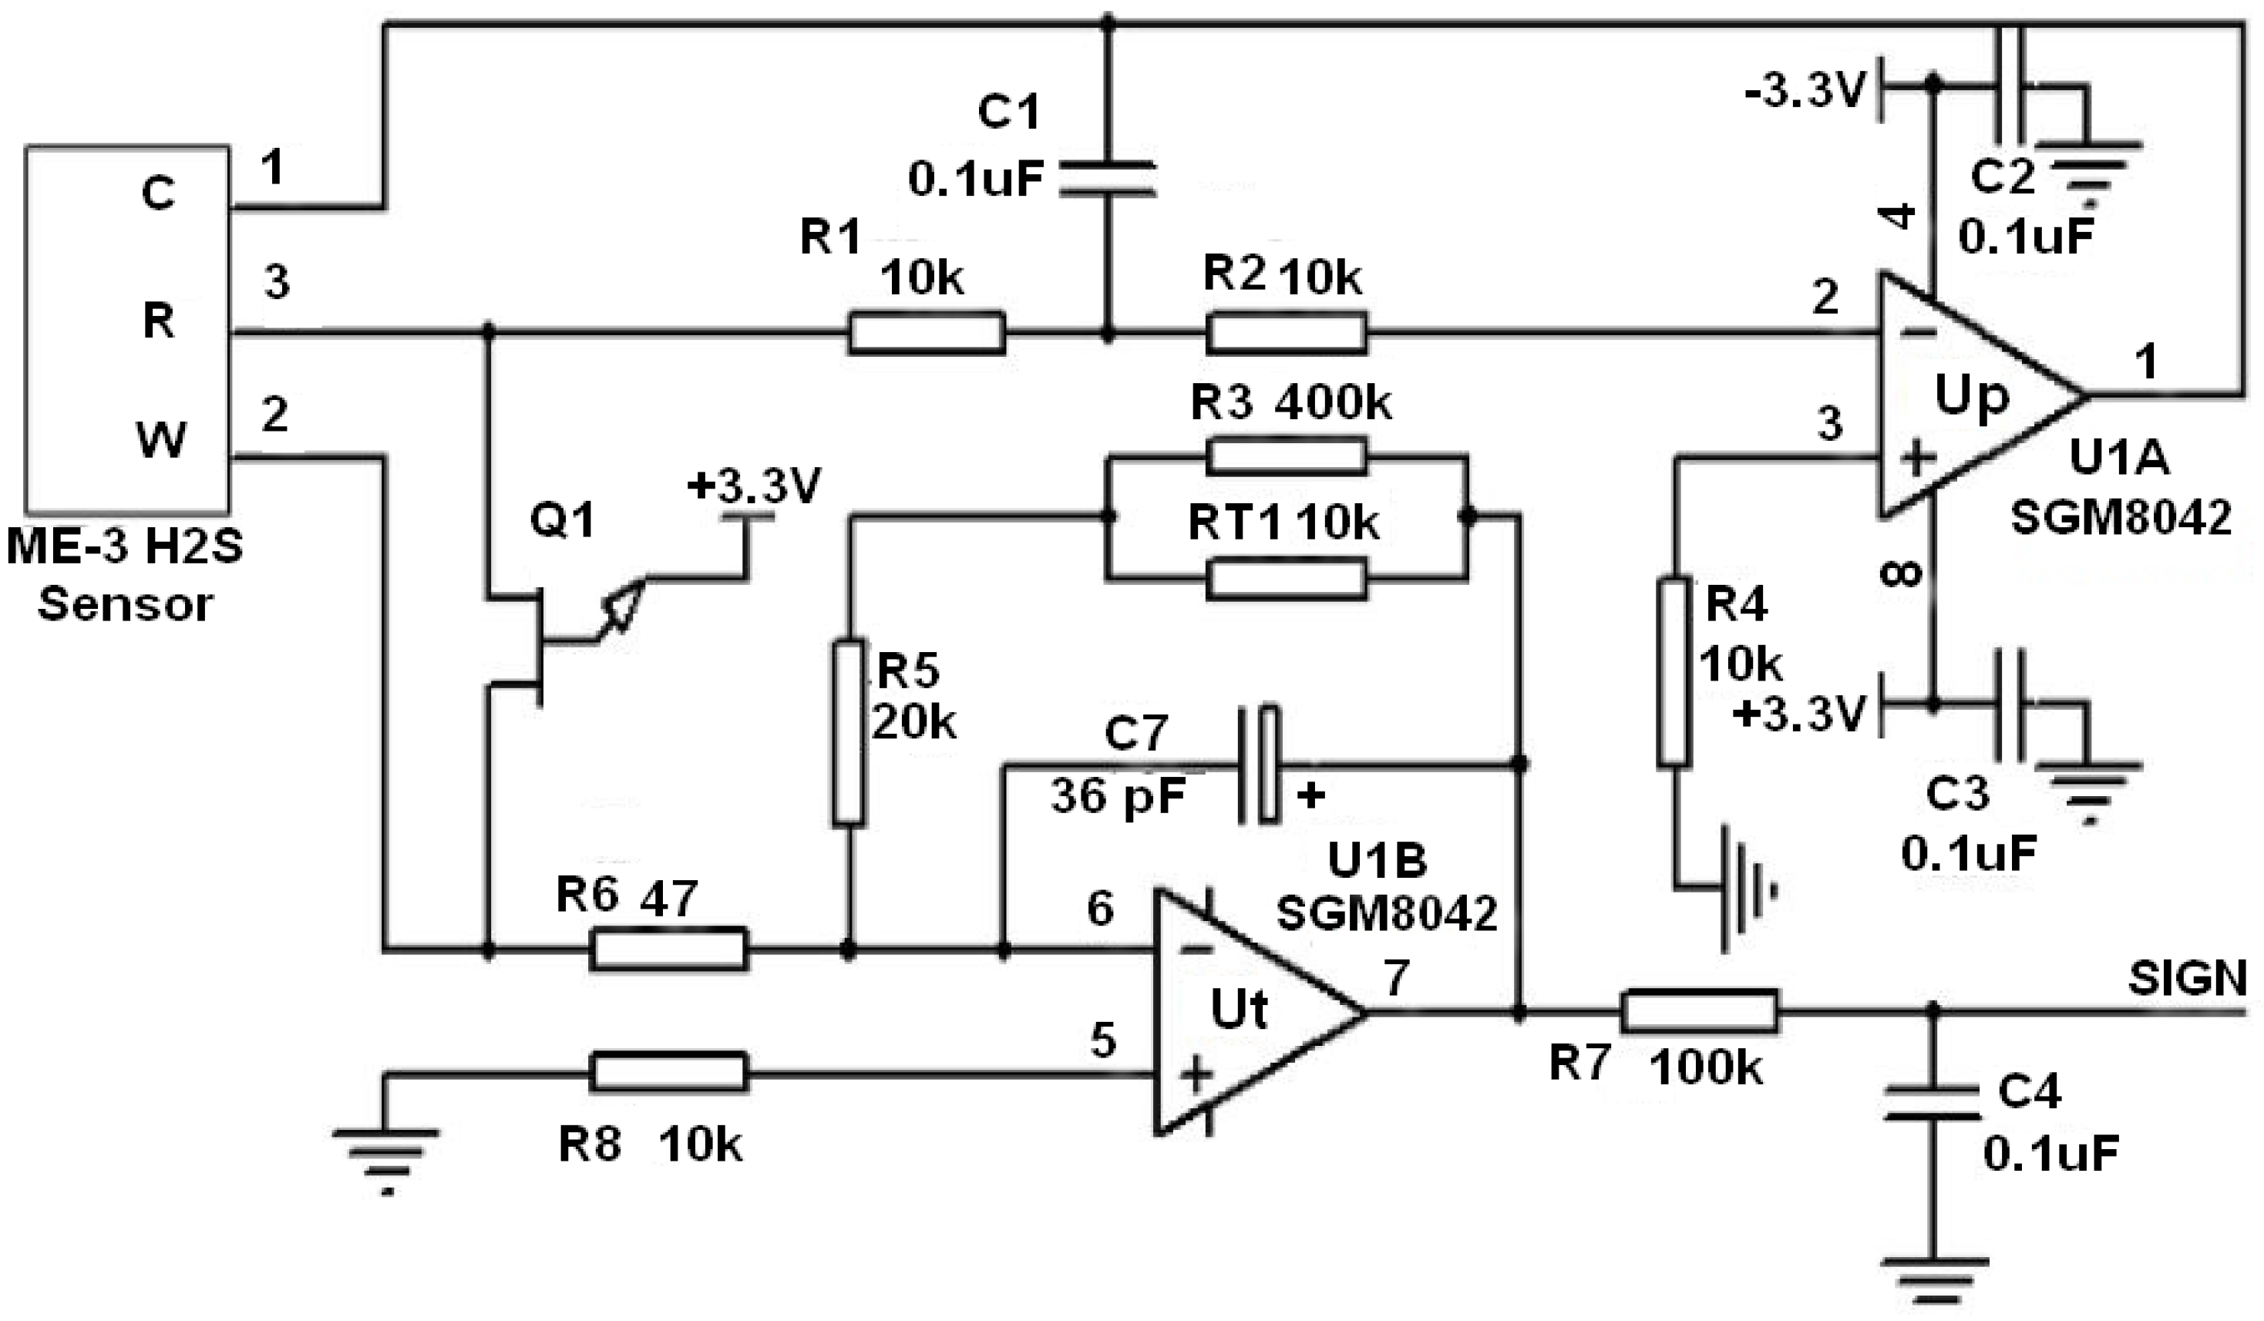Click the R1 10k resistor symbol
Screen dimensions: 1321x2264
(927, 333)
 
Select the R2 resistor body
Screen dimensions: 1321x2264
(1286, 333)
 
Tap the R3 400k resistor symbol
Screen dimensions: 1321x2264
(1286, 456)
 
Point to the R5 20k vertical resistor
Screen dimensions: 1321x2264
(848, 732)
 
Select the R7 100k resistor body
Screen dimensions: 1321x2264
(1699, 1012)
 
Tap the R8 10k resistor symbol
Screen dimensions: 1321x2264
(668, 1072)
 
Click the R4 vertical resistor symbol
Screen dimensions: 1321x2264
(1674, 673)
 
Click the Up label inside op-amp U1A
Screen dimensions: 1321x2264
(1971, 396)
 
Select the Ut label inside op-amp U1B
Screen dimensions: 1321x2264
(1239, 1010)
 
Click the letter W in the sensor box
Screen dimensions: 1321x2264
(160, 441)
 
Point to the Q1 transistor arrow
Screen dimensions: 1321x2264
(625, 603)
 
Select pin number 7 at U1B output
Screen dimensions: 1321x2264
(1395, 978)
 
